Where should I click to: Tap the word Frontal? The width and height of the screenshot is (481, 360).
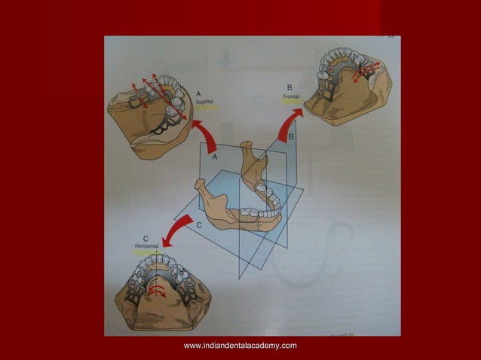pyautogui.click(x=290, y=96)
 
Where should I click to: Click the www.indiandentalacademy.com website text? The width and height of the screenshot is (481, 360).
pyautogui.click(x=240, y=345)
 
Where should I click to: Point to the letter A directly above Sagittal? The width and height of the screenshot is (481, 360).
pyautogui.click(x=198, y=92)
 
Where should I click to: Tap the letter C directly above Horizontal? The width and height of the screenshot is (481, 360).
pyautogui.click(x=146, y=238)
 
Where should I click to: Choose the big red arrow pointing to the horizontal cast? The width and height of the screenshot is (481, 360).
pyautogui.click(x=181, y=230)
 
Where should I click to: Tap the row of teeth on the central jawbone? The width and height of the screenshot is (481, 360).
pyautogui.click(x=264, y=203)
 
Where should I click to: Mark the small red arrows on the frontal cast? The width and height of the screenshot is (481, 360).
pyautogui.click(x=367, y=69)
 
